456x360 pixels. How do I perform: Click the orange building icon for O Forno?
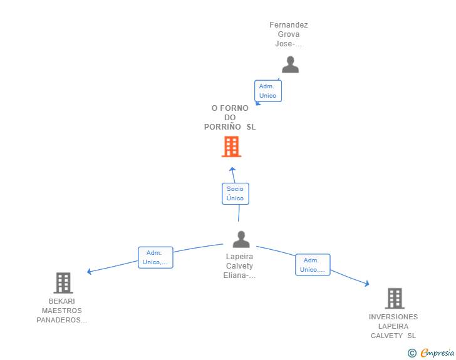point(232,147)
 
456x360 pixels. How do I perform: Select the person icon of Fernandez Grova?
point(290,64)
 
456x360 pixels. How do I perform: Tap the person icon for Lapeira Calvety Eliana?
point(241,239)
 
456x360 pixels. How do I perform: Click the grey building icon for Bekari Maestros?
point(63,283)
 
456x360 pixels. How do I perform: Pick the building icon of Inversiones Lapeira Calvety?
point(395,299)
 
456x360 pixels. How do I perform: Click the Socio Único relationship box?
point(236,193)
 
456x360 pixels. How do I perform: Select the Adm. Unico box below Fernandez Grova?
point(268,91)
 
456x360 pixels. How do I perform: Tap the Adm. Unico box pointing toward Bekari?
point(155,258)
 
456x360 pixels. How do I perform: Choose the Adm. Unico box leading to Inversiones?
point(313,265)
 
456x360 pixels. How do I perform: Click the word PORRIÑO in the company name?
point(222,127)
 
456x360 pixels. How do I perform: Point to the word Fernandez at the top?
point(289,25)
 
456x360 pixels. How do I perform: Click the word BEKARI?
point(61,301)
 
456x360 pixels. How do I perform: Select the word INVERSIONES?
point(393,317)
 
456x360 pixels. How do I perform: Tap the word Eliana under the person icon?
point(236,275)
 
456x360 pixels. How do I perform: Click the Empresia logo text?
point(437,353)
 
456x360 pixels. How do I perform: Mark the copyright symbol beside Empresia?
point(412,353)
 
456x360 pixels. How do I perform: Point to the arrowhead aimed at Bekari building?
point(90,271)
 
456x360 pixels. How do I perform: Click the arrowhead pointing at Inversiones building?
point(367,283)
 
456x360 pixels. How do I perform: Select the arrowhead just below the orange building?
point(232,169)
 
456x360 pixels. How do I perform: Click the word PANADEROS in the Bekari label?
point(58,320)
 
